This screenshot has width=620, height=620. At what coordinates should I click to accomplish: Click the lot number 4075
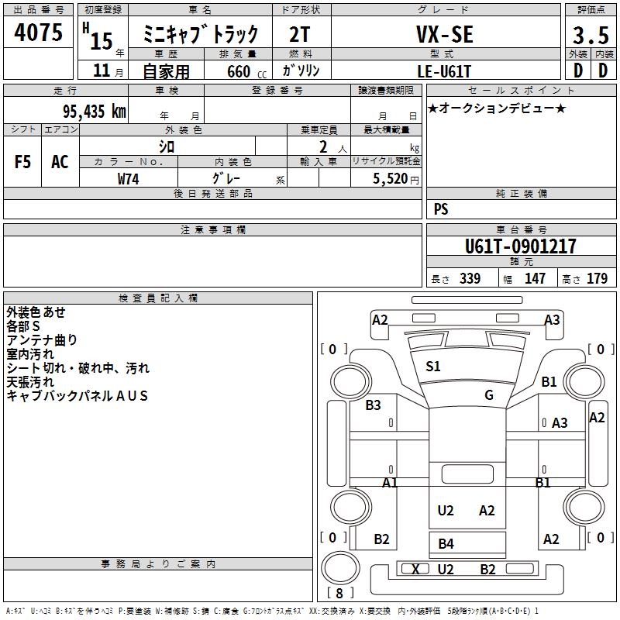[x=39, y=34]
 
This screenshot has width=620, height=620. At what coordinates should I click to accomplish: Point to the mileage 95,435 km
[x=95, y=111]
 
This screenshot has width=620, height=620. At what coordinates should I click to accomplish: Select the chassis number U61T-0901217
[x=520, y=247]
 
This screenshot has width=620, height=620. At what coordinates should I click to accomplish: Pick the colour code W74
[x=129, y=178]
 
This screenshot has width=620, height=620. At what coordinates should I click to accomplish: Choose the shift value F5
[x=22, y=162]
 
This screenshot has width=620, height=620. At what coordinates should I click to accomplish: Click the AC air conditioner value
[x=60, y=162]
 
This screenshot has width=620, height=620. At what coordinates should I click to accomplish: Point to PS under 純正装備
[x=441, y=209]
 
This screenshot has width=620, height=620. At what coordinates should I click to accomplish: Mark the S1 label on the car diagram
[x=432, y=367]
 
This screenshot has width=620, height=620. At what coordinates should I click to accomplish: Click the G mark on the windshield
[x=489, y=395]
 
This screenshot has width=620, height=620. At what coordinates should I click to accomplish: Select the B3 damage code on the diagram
[x=373, y=405]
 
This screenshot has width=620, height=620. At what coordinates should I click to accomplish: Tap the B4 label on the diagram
[x=446, y=543]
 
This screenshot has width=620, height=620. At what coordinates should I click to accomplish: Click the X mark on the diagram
[x=415, y=570]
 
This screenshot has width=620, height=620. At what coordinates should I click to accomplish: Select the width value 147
[x=535, y=279]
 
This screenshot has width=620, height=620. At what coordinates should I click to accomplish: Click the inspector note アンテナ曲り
[x=42, y=340]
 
